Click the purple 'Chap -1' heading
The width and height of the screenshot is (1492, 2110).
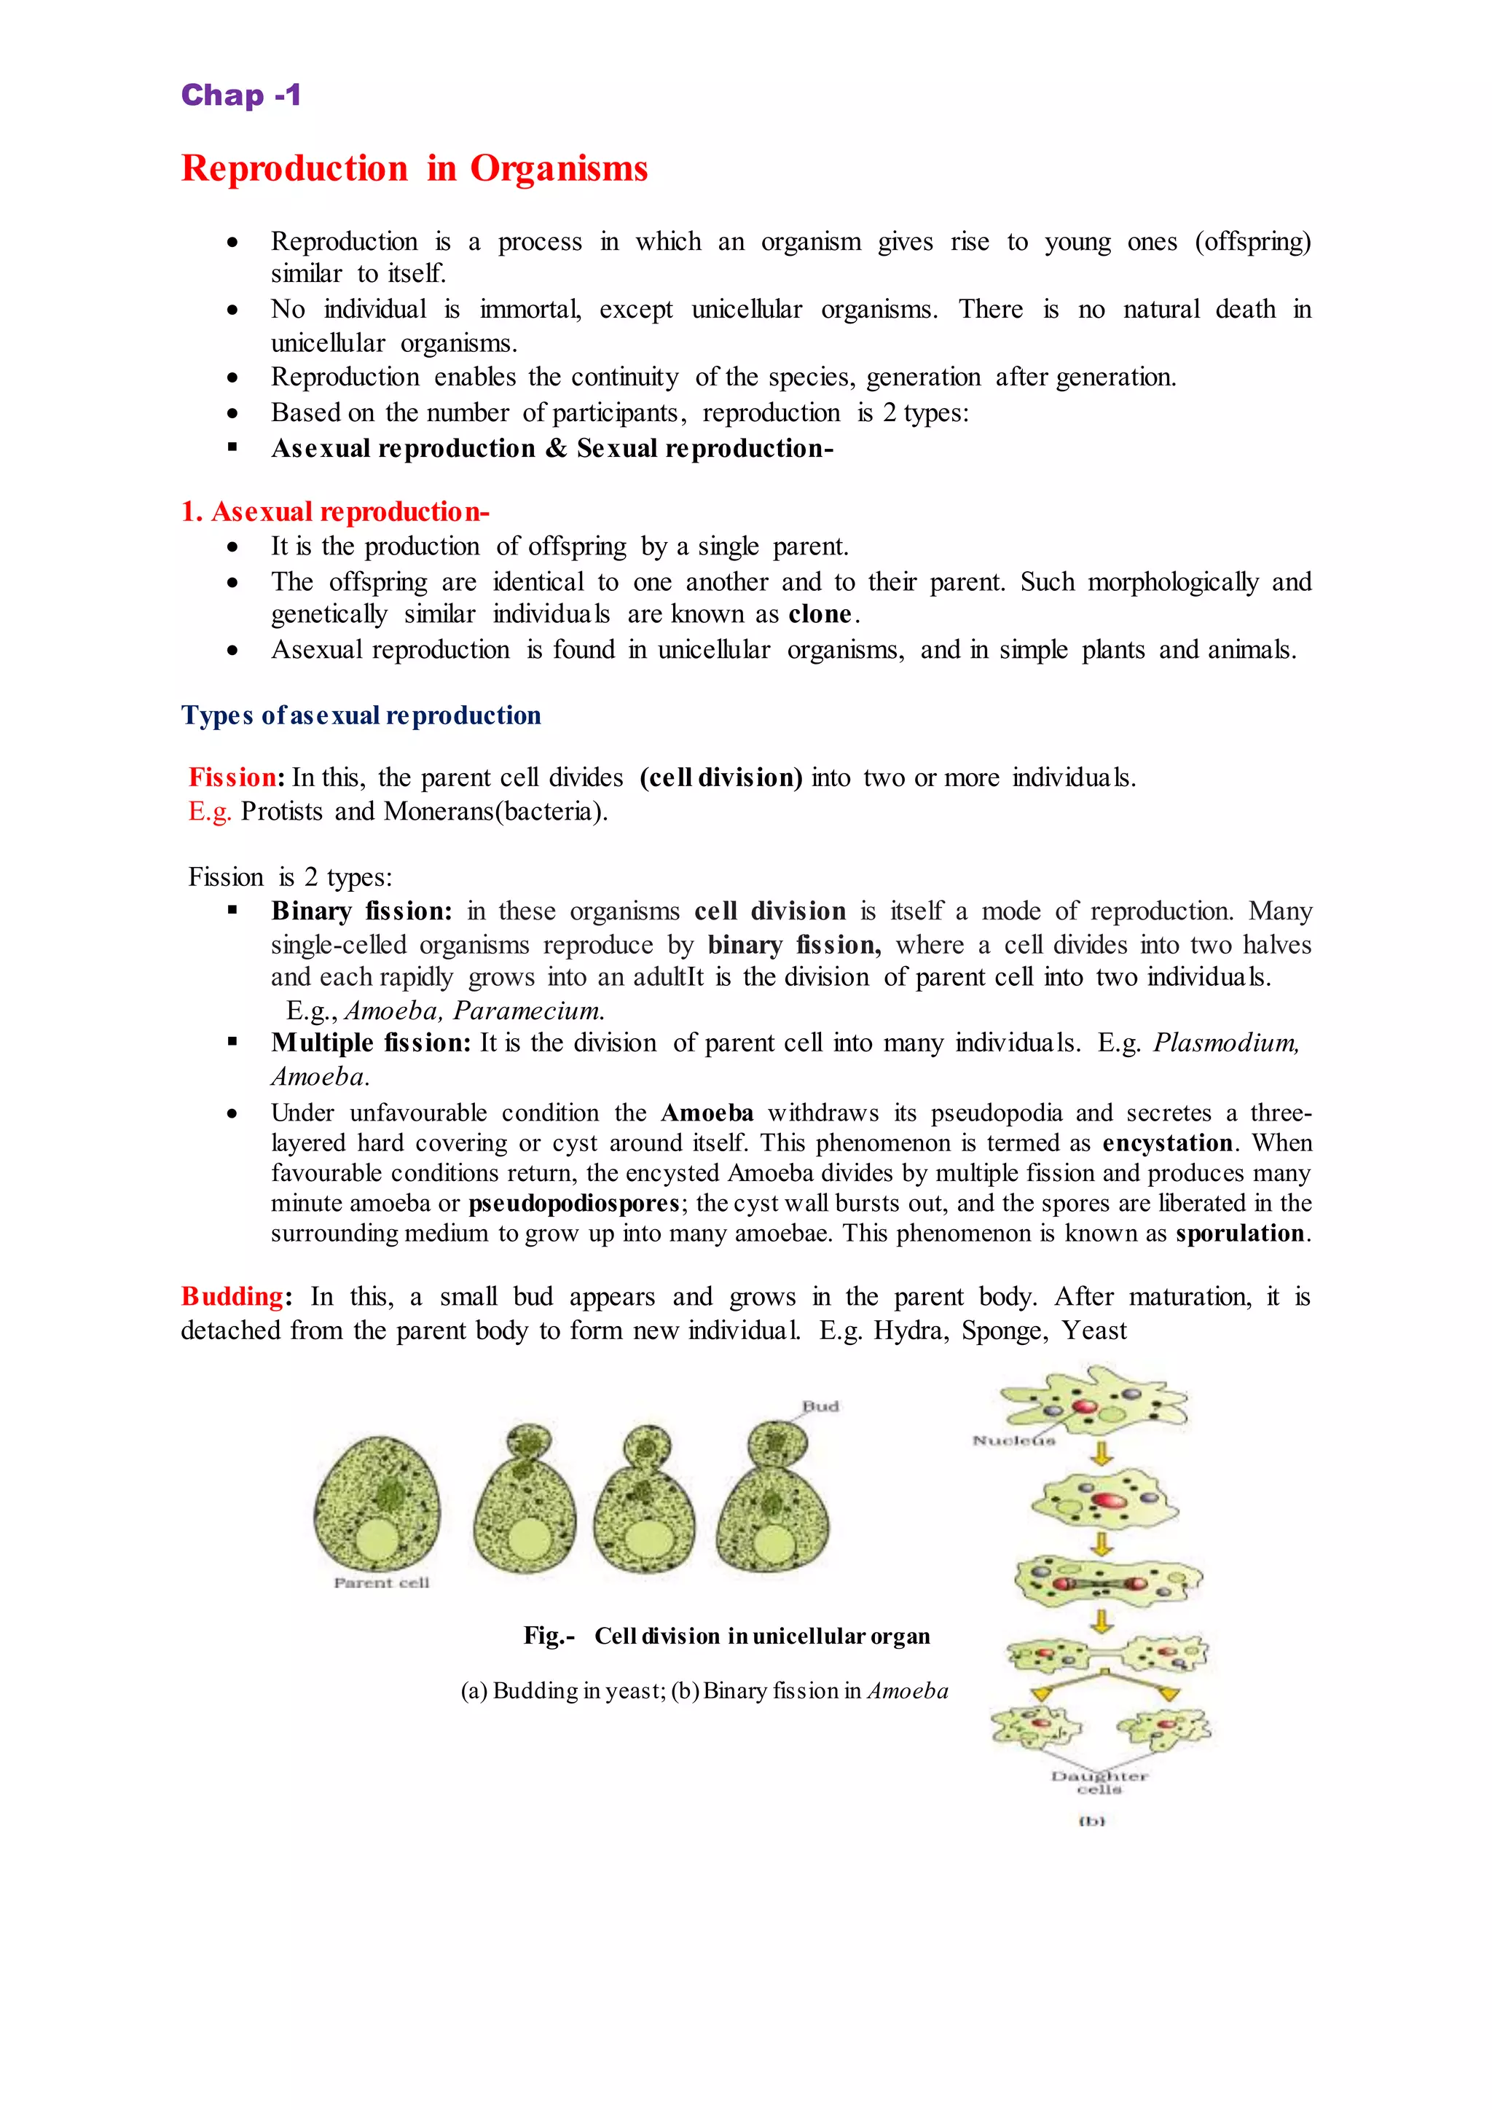(x=240, y=95)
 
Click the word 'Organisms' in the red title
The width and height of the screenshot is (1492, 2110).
(x=559, y=169)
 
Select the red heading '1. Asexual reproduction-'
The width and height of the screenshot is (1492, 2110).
(x=335, y=512)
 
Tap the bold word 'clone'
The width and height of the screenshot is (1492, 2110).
(x=820, y=614)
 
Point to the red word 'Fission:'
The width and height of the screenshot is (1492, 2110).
(x=236, y=777)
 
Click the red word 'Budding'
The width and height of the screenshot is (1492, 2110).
(x=232, y=1297)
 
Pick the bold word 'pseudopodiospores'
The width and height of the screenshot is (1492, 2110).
(x=574, y=1203)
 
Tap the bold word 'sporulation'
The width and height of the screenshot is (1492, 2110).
(x=1239, y=1234)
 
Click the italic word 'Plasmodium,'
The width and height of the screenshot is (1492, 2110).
(x=1225, y=1043)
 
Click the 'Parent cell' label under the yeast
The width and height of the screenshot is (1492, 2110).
(x=381, y=1582)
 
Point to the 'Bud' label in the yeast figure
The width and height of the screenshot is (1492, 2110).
(x=820, y=1406)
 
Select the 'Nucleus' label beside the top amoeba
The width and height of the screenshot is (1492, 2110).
(x=1013, y=1440)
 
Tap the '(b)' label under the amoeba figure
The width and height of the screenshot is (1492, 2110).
(x=1091, y=1821)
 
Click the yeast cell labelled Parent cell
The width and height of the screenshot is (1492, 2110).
(x=377, y=1505)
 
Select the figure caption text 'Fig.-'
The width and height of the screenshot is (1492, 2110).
(x=549, y=1636)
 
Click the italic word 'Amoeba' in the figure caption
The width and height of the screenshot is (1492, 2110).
(x=908, y=1691)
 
